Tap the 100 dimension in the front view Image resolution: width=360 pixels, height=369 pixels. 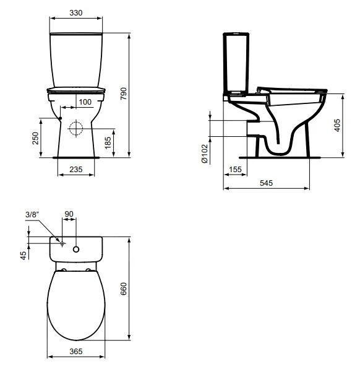pyautogui.click(x=85, y=102)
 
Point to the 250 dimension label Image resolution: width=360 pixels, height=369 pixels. pyautogui.click(x=35, y=137)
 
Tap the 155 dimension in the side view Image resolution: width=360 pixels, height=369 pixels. pyautogui.click(x=234, y=169)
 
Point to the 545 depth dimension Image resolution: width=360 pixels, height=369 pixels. pyautogui.click(x=267, y=183)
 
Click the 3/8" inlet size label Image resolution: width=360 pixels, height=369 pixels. pyautogui.click(x=33, y=214)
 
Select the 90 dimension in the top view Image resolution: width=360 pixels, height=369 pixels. pyautogui.click(x=69, y=214)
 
